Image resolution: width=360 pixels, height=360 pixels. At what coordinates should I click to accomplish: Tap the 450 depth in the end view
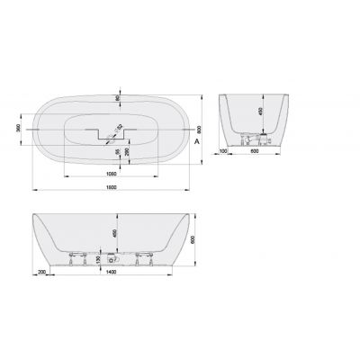pyautogui.click(x=260, y=114)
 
